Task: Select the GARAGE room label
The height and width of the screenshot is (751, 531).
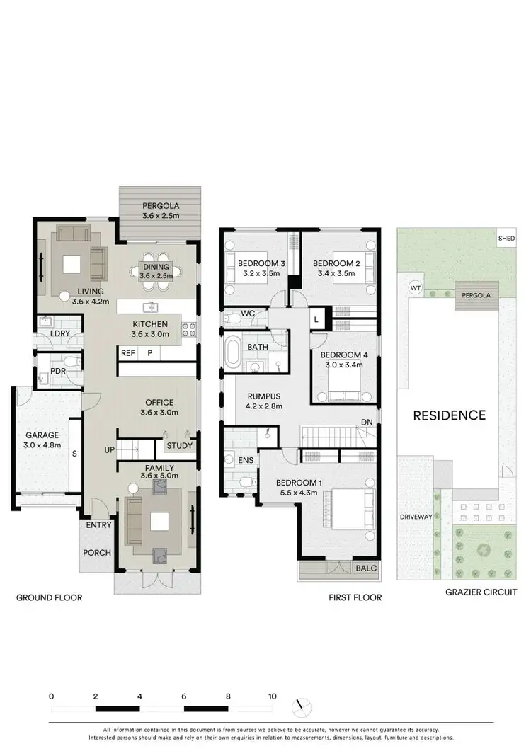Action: click(43, 435)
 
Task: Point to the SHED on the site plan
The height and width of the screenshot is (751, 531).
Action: click(506, 239)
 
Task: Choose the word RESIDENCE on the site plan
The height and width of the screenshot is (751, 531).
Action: click(450, 415)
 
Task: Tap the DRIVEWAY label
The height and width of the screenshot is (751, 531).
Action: click(416, 517)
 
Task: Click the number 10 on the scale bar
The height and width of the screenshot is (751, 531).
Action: click(272, 696)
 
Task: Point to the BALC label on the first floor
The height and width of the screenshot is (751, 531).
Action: click(367, 568)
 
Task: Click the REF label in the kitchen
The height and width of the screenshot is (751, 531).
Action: click(127, 352)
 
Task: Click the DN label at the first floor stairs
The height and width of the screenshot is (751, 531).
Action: click(367, 422)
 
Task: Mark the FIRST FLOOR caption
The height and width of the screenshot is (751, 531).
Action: click(355, 597)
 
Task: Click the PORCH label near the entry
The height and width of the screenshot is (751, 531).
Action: click(98, 552)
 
